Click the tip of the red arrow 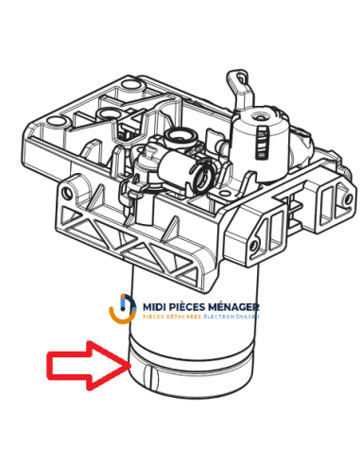coord(126,360)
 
